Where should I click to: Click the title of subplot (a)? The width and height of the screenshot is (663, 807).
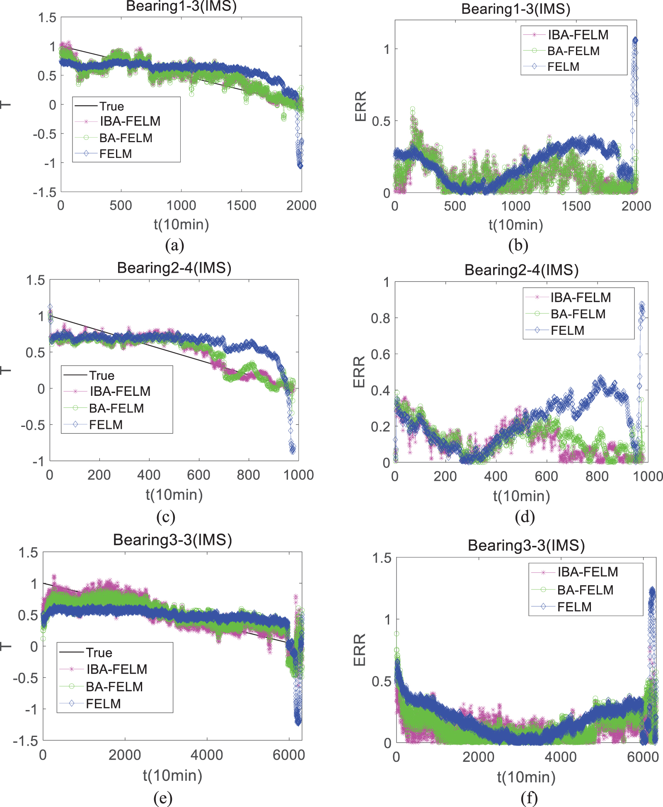[x=181, y=7]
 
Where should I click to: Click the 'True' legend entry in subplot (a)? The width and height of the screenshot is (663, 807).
[x=111, y=106]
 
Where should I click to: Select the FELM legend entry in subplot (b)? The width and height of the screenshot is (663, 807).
[x=563, y=67]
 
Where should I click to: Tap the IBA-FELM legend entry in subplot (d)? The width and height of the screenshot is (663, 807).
[x=580, y=297]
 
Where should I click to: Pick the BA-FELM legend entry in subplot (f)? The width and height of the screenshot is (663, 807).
[x=585, y=590]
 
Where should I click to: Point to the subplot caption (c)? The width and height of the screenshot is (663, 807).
[x=166, y=516]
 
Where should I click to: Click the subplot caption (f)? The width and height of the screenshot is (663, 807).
[x=529, y=798]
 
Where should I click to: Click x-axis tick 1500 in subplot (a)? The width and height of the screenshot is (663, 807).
[x=241, y=205]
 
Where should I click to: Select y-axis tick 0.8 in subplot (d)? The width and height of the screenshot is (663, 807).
[x=380, y=318]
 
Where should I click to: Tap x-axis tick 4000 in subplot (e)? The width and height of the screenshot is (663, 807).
[x=206, y=755]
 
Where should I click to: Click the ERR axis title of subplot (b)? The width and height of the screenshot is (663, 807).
[x=361, y=106]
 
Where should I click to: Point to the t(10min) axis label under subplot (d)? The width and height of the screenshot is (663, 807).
[x=521, y=496]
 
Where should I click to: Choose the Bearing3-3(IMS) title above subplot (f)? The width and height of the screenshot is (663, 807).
[x=526, y=545]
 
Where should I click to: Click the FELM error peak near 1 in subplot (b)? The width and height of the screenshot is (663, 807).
[x=635, y=41]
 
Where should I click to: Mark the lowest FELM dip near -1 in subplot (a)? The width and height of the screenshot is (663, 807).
[x=300, y=166]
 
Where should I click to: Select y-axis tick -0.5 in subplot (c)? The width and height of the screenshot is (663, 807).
[x=33, y=425]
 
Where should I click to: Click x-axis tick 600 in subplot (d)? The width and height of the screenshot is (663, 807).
[x=546, y=476]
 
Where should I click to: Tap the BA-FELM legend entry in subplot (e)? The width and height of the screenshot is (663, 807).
[x=114, y=686]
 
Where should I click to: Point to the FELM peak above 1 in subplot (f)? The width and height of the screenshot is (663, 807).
[x=652, y=590]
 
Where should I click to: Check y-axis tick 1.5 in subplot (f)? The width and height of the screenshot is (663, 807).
[x=382, y=558]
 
